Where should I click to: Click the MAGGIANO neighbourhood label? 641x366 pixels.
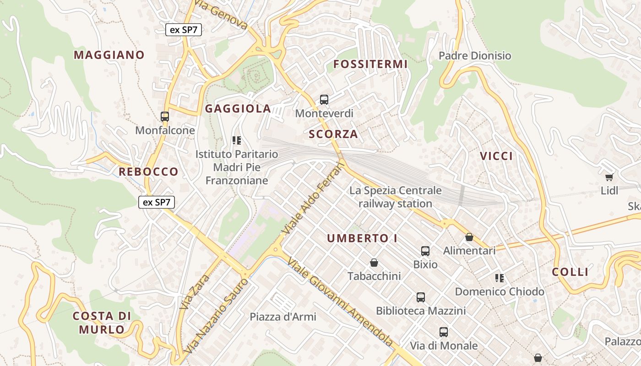tap(109, 55)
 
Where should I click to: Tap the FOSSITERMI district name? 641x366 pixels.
tap(370, 64)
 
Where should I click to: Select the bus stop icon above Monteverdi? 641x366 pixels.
tap(324, 99)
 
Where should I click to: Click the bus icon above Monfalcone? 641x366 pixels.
tap(165, 117)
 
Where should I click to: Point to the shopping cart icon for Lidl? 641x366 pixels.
tap(609, 177)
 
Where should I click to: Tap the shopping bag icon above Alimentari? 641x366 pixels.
tap(469, 237)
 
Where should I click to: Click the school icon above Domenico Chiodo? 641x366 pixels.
tap(500, 278)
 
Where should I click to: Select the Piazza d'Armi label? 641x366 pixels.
tap(283, 317)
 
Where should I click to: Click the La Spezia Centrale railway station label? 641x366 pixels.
tap(396, 197)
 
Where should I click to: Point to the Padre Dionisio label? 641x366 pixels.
tap(475, 56)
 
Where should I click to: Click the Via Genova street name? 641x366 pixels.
tap(221, 15)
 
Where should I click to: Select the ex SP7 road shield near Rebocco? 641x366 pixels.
tap(157, 202)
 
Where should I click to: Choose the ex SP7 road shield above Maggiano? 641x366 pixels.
tap(184, 30)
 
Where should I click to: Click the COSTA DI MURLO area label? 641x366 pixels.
tap(102, 323)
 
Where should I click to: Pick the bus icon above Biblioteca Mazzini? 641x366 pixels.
tap(421, 297)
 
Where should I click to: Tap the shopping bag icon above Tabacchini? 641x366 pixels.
tap(374, 263)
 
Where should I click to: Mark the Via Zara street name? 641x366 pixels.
tap(195, 291)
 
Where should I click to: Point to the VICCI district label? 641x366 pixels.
tap(496, 156)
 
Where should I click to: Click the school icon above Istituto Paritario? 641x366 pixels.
tap(236, 140)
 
